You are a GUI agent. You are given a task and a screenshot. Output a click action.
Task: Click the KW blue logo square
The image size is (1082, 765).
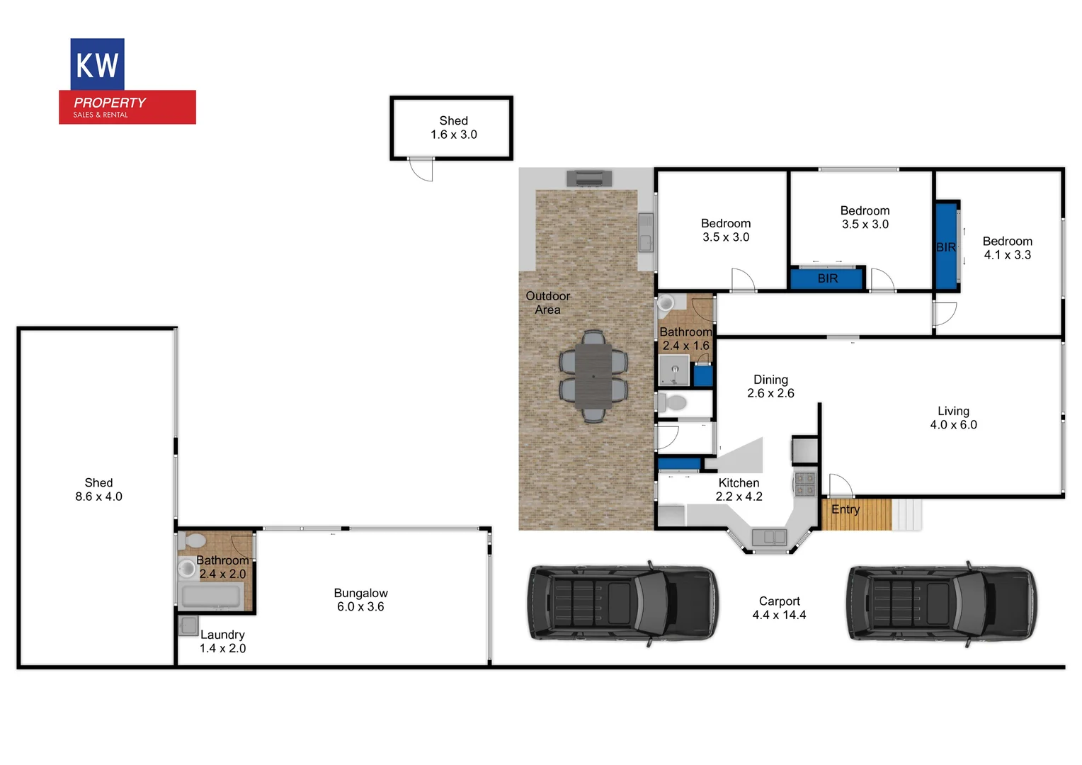click(98, 64)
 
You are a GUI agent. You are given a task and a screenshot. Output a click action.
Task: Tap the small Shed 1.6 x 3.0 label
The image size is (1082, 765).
click(453, 127)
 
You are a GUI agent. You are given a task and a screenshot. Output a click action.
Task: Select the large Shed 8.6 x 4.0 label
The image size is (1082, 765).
click(98, 489)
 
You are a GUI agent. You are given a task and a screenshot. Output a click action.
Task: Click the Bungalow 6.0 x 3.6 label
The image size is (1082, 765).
click(360, 599)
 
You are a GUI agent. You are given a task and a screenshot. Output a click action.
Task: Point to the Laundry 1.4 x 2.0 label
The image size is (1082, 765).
click(222, 641)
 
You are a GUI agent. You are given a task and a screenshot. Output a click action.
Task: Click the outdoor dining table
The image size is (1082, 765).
click(593, 375)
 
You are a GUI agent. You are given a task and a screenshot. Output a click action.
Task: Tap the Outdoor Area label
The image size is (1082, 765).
click(547, 302)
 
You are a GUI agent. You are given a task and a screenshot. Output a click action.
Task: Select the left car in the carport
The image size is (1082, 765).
click(622, 603)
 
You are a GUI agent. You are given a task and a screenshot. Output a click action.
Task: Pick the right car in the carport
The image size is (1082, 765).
click(942, 603)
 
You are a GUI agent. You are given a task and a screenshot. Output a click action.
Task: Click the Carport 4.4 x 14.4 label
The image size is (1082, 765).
click(779, 608)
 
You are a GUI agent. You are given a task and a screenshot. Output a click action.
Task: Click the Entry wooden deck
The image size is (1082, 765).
click(856, 514)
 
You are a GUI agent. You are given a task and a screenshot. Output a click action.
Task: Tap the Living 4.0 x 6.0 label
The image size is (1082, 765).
click(953, 418)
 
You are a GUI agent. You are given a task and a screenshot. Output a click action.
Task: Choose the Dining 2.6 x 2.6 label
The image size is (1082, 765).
click(770, 386)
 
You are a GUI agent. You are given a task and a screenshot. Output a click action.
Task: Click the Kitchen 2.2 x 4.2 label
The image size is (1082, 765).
click(739, 489)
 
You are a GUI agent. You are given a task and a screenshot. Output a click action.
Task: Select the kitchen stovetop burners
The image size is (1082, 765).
click(805, 484)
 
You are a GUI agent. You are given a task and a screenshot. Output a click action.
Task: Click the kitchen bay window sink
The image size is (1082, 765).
click(769, 538)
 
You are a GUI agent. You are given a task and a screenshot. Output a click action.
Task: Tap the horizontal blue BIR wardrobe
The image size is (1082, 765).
click(827, 278)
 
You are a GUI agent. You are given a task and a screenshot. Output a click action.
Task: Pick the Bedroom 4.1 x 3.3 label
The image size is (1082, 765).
click(1007, 248)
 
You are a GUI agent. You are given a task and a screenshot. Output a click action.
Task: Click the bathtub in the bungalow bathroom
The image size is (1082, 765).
click(212, 596)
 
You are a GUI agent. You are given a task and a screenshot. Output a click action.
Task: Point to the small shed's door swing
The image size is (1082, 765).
click(422, 169)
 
